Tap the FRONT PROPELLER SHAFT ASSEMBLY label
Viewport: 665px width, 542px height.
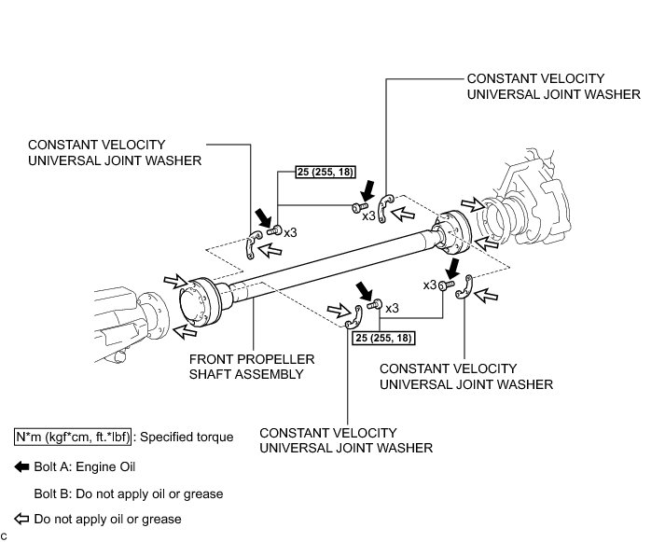pos(252,367)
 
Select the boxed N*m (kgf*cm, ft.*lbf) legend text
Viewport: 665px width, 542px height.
pos(73,437)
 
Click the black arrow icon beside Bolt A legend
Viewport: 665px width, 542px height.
pos(21,467)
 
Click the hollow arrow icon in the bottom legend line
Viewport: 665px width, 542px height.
pos(21,519)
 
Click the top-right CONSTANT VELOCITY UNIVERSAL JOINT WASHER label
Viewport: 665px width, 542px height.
pos(553,87)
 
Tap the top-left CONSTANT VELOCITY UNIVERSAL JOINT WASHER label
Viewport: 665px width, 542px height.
pos(115,153)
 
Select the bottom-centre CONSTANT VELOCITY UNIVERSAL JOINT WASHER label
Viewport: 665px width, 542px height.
pos(346,440)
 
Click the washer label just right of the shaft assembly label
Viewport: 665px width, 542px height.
pos(466,377)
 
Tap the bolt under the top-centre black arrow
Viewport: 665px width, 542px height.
pos(360,207)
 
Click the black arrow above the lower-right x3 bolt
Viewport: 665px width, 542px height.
pos(453,269)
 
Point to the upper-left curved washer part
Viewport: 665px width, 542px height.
pos(254,244)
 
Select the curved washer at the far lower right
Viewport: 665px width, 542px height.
pos(464,287)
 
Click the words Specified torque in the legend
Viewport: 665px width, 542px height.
pos(187,438)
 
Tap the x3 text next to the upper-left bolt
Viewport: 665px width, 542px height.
pos(290,232)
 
